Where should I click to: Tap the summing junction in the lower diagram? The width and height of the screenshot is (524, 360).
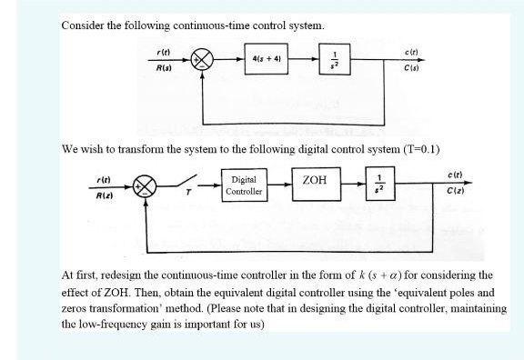(145, 185)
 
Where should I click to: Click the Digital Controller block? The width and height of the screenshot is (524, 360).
(245, 186)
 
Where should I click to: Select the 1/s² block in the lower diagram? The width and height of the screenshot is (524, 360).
(380, 186)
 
